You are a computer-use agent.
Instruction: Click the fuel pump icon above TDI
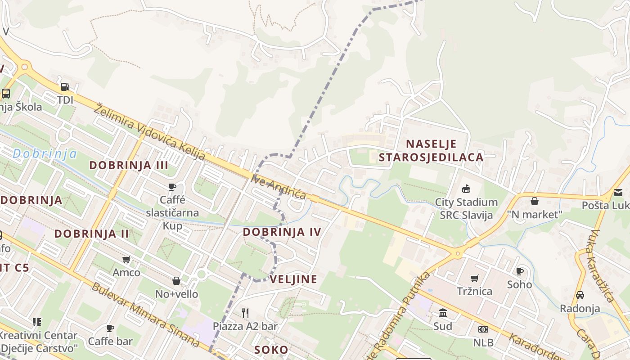pyautogui.click(x=65, y=86)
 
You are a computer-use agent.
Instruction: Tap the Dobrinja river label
pyautogui.click(x=44, y=154)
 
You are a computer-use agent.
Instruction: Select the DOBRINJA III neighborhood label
pyautogui.click(x=129, y=165)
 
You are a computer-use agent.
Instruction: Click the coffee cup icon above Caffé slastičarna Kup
pyautogui.click(x=172, y=187)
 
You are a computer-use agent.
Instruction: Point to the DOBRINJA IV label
pyautogui.click(x=282, y=232)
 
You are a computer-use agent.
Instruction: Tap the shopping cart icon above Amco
pyautogui.click(x=126, y=259)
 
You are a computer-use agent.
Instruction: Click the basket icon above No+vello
pyautogui.click(x=176, y=281)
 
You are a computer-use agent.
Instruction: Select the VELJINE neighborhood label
pyautogui.click(x=293, y=279)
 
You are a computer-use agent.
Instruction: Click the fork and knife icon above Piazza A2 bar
pyautogui.click(x=245, y=313)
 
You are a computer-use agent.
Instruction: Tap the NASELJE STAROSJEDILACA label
pyautogui.click(x=431, y=151)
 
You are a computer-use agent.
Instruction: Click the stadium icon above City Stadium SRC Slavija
pyautogui.click(x=466, y=189)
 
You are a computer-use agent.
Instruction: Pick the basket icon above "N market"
pyautogui.click(x=535, y=201)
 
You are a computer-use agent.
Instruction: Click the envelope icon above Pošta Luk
pyautogui.click(x=618, y=192)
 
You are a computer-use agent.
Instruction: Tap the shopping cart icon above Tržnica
pyautogui.click(x=475, y=278)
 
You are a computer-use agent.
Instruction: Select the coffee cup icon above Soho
pyautogui.click(x=520, y=271)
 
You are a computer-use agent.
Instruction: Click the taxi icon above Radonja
pyautogui.click(x=580, y=295)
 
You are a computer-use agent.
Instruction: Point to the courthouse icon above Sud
pyautogui.click(x=443, y=313)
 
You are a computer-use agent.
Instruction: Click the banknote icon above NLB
pyautogui.click(x=483, y=329)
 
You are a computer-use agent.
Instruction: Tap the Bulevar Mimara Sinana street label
pyautogui.click(x=145, y=315)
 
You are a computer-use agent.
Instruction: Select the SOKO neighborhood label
pyautogui.click(x=271, y=350)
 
